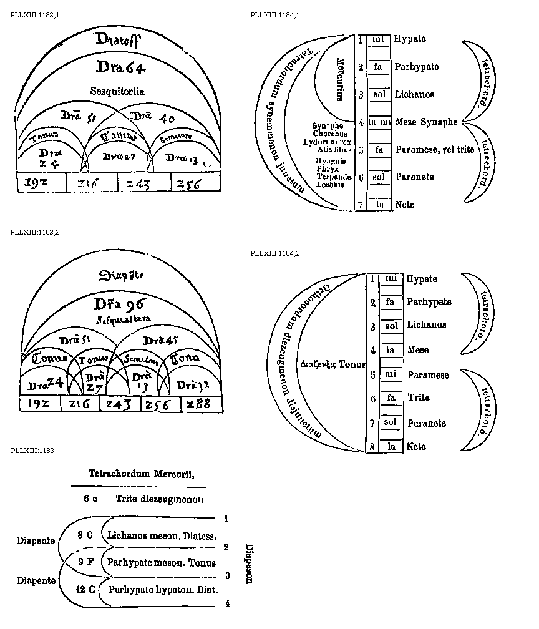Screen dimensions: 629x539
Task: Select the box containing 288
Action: [x=202, y=404]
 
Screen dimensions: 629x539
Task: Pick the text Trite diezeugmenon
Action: [x=159, y=499]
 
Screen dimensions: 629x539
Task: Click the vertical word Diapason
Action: [x=249, y=563]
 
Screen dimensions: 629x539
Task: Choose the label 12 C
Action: [x=85, y=588]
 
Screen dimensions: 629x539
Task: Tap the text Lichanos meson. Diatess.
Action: [x=162, y=535]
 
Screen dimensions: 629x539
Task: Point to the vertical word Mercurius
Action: [x=341, y=80]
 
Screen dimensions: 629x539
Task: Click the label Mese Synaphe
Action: [x=426, y=122]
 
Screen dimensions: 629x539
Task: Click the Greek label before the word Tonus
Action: [x=319, y=363]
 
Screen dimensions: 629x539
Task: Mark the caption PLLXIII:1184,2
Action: [x=275, y=253]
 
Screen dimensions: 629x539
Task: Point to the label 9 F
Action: [x=85, y=562]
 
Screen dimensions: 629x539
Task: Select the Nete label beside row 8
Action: [x=416, y=447]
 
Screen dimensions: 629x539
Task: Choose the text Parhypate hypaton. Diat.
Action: [x=163, y=588]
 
